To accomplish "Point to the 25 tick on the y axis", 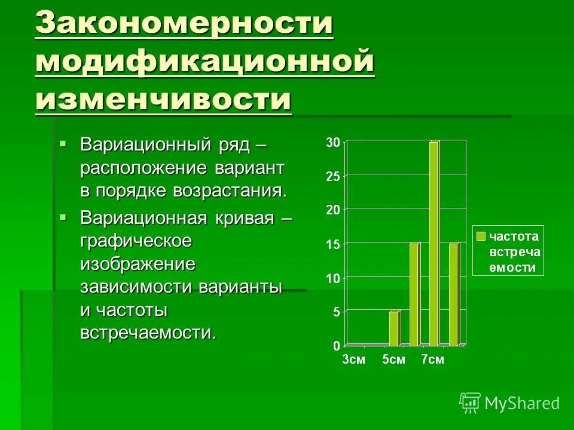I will [332, 176].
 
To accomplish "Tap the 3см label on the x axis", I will [353, 360].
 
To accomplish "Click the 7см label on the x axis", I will [432, 360].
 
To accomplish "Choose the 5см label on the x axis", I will [394, 360].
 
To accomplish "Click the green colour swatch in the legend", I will [481, 236].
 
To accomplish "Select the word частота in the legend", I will [515, 236].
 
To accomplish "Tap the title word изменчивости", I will [163, 99].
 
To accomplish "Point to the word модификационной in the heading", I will [204, 62].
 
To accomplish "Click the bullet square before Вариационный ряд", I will [64, 143].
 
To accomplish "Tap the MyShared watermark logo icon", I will [470, 403].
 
